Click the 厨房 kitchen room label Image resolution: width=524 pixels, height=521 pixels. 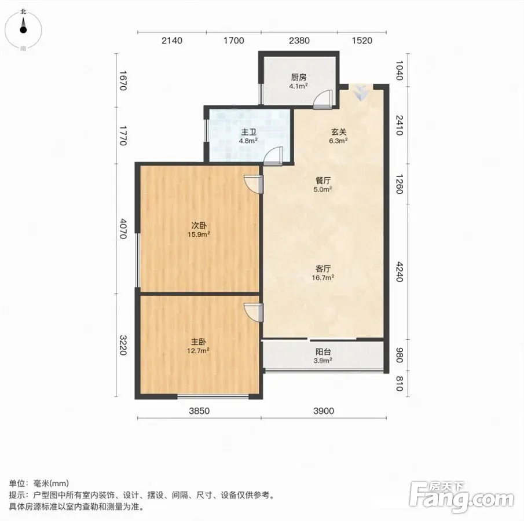pyautogui.click(x=298, y=78)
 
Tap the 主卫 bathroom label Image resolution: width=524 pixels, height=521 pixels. pyautogui.click(x=248, y=133)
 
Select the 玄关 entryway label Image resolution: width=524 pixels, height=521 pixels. pyautogui.click(x=338, y=132)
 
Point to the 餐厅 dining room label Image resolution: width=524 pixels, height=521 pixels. pyautogui.click(x=323, y=181)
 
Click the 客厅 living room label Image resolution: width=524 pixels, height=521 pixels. pyautogui.click(x=323, y=269)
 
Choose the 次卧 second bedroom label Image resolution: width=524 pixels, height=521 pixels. pyautogui.click(x=199, y=226)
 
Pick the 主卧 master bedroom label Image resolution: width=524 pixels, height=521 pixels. pyautogui.click(x=199, y=342)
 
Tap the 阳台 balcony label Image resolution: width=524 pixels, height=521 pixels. pyautogui.click(x=323, y=351)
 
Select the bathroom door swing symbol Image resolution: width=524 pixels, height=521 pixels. pyautogui.click(x=273, y=156)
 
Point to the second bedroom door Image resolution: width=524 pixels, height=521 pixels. pyautogui.click(x=253, y=184)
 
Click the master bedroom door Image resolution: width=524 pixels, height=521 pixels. pyautogui.click(x=253, y=313)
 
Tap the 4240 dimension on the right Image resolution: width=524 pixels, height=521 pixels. pyautogui.click(x=400, y=272)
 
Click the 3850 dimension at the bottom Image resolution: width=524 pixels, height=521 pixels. pyautogui.click(x=199, y=410)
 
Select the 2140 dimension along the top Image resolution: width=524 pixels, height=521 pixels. pyautogui.click(x=172, y=41)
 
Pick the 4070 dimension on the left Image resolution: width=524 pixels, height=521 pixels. pyautogui.click(x=123, y=229)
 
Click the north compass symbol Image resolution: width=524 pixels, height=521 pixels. pyautogui.click(x=23, y=30)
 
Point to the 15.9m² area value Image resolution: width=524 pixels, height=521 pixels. pyautogui.click(x=199, y=234)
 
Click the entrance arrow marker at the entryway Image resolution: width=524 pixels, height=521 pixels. pyautogui.click(x=360, y=93)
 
